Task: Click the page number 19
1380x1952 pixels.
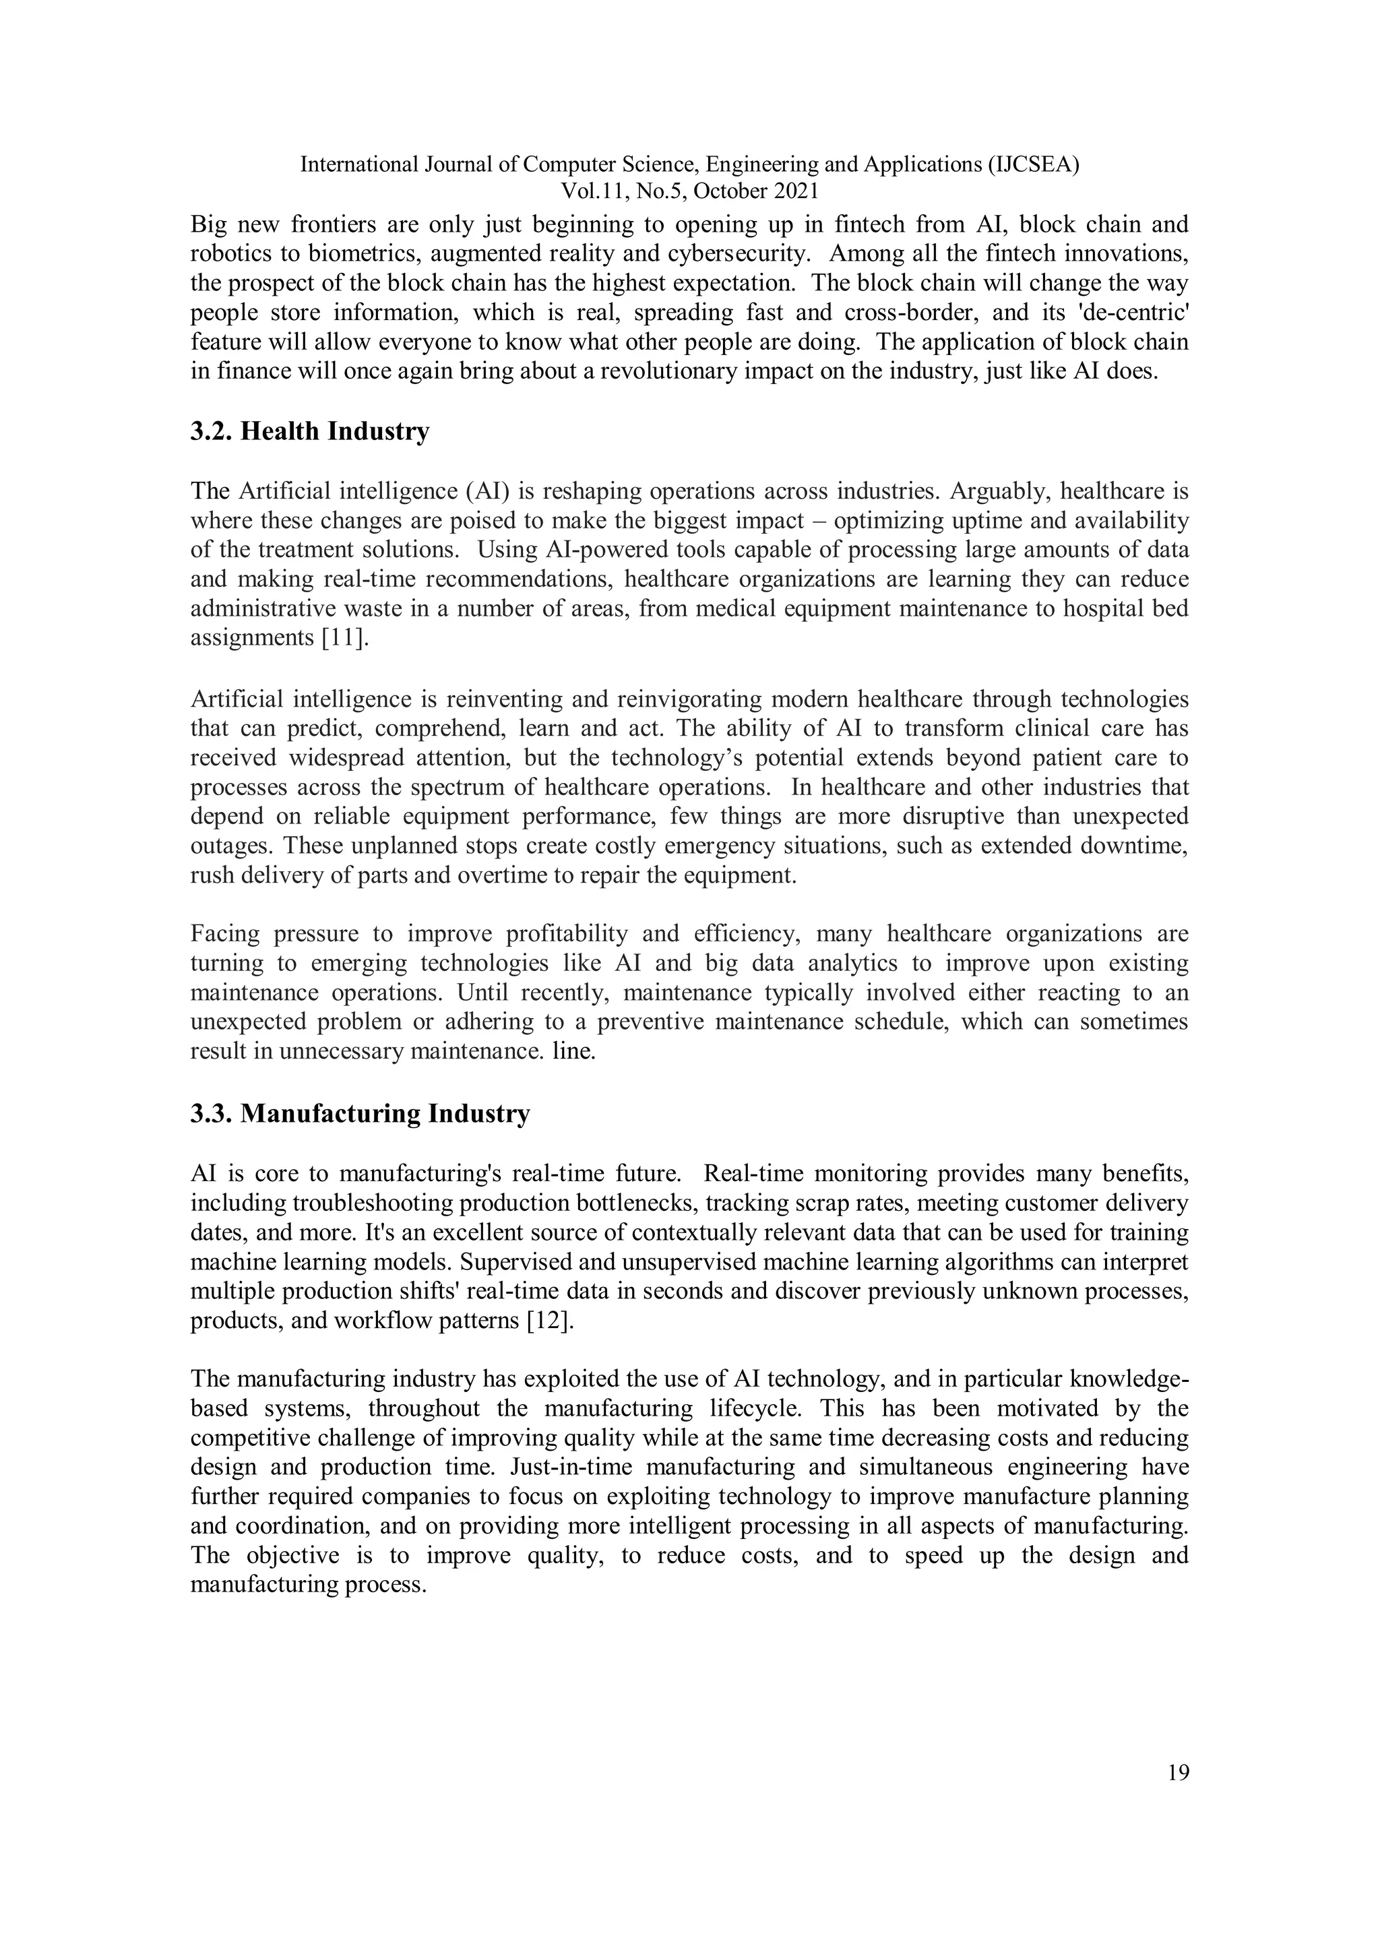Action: point(1179,1773)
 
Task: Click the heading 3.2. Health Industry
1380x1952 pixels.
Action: point(309,432)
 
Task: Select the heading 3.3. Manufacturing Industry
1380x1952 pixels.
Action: point(360,1114)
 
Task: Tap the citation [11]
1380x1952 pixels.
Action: point(345,639)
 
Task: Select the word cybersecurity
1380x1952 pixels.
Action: point(737,254)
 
